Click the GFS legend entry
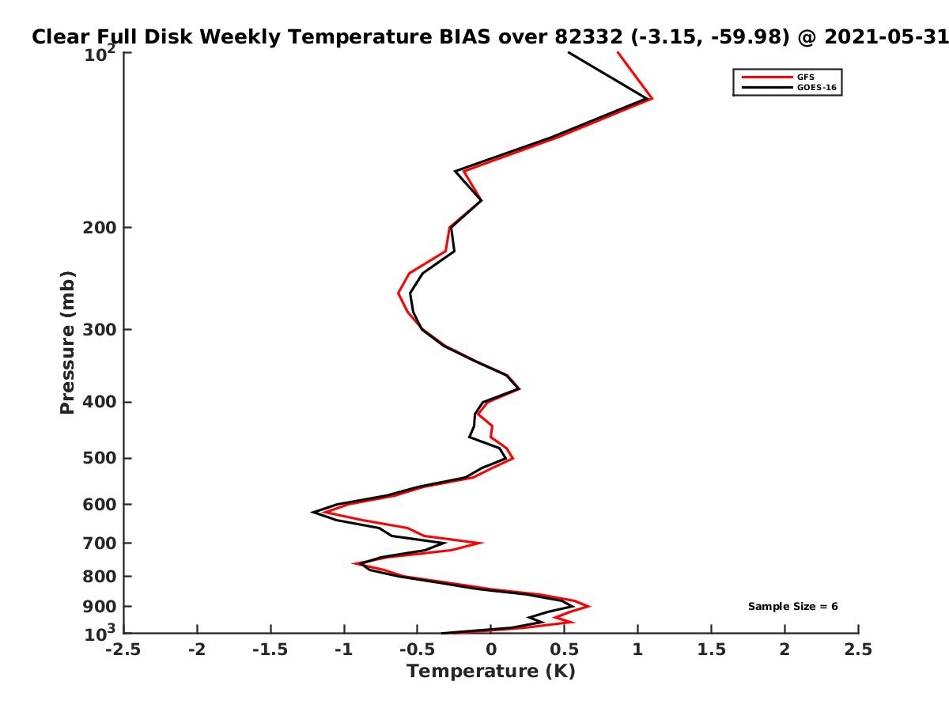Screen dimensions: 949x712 pos(777,77)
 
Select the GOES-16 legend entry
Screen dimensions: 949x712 pos(788,87)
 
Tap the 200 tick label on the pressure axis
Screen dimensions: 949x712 pos(100,227)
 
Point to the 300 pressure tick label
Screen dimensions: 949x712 pos(100,329)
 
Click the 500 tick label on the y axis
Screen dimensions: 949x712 pos(100,458)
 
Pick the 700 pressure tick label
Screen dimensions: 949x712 pos(100,543)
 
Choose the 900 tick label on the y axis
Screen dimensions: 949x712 pos(100,607)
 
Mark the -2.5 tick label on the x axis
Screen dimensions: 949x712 pos(123,650)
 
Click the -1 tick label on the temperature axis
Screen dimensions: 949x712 pos(344,650)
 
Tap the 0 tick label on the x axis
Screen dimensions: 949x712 pos(491,650)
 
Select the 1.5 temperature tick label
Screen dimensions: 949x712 pos(711,650)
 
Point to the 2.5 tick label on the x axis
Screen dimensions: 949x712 pos(858,650)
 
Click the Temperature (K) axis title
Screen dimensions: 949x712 pos(491,672)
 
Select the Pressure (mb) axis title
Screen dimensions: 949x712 pos(67,343)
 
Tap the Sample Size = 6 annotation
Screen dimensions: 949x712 pos(793,607)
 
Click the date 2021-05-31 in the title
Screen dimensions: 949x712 pos(887,37)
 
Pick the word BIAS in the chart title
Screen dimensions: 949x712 pos(465,37)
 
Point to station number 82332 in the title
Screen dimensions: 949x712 pos(589,37)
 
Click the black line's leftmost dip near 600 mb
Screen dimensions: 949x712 pos(312,513)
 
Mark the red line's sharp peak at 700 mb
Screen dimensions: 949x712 pos(482,543)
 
